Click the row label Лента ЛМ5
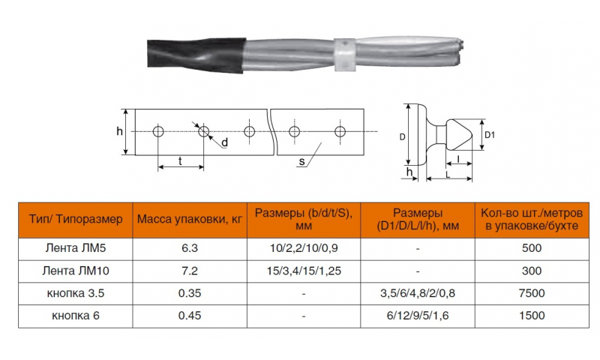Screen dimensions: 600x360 pyautogui.click(x=76, y=248)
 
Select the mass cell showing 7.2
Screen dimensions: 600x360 pyautogui.click(x=190, y=271)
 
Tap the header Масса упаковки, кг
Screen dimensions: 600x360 pyautogui.click(x=190, y=219)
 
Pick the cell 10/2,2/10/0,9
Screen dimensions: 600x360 pyautogui.click(x=304, y=249)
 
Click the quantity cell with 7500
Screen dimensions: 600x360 pyautogui.click(x=532, y=293)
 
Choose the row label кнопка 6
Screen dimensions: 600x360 pyautogui.click(x=76, y=316)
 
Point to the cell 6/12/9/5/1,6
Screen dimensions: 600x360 pyautogui.click(x=418, y=316)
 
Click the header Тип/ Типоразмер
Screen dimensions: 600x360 pyautogui.click(x=76, y=219)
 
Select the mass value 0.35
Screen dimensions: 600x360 pyautogui.click(x=190, y=293)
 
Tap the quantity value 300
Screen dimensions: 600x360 pyautogui.click(x=532, y=271)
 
